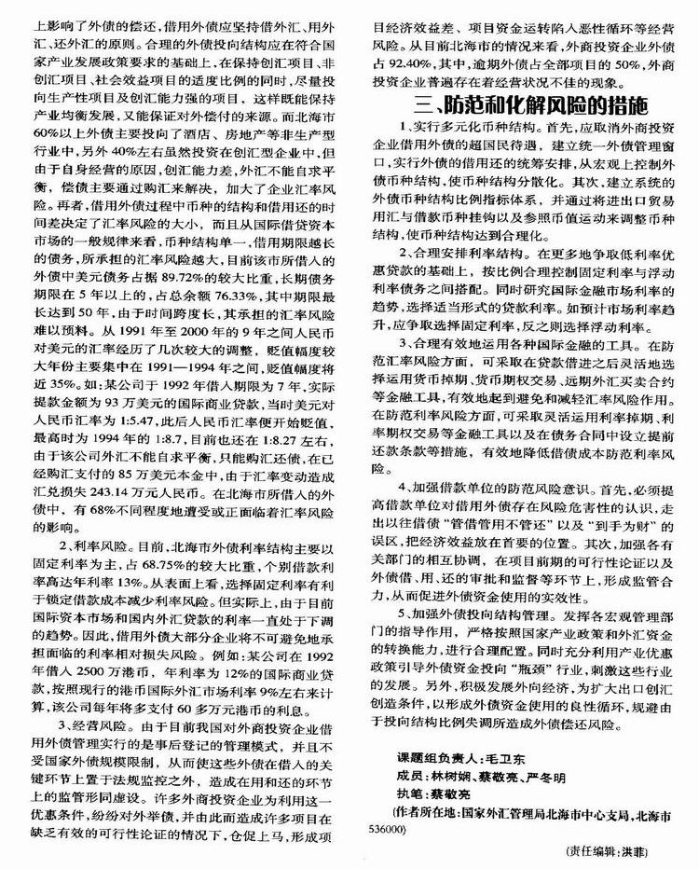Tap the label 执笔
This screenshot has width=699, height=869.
coord(418,788)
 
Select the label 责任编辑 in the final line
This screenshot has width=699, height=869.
coord(598,850)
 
